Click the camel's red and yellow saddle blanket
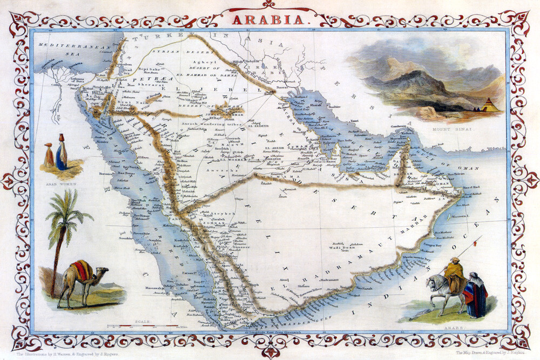tap(82, 270)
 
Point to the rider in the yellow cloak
tap(455, 275)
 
